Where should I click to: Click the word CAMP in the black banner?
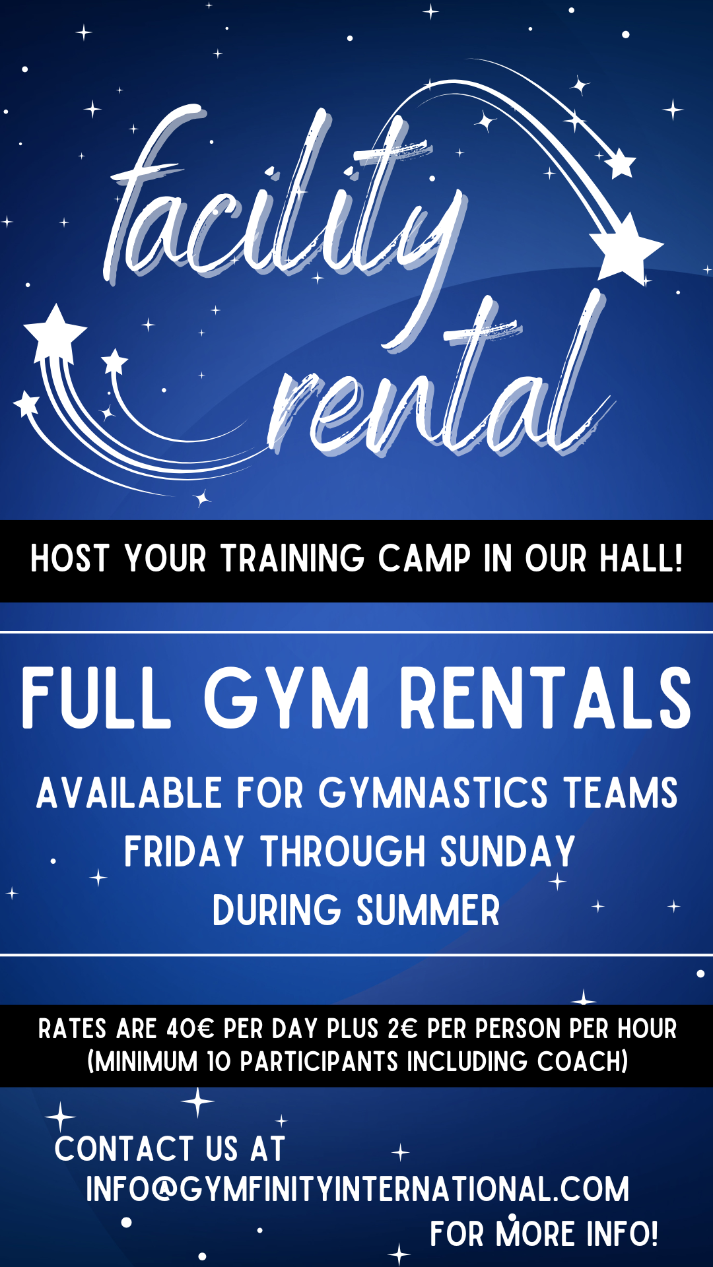point(424,559)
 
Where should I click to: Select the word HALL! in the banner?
point(641,558)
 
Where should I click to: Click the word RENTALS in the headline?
point(546,698)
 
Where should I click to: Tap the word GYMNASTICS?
point(433,793)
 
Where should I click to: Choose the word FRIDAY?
point(184,851)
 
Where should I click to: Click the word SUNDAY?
point(508,851)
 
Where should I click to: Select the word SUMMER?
point(428,911)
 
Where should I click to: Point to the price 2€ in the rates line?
point(403,1029)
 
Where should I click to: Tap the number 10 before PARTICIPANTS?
point(220,1062)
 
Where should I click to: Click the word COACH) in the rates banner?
point(582,1062)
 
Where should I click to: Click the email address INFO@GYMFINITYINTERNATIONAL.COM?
point(357,1189)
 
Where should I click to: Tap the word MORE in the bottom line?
point(535,1234)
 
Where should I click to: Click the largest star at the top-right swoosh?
point(625,248)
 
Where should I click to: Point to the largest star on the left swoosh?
point(55,333)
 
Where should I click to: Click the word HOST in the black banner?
point(69,559)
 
